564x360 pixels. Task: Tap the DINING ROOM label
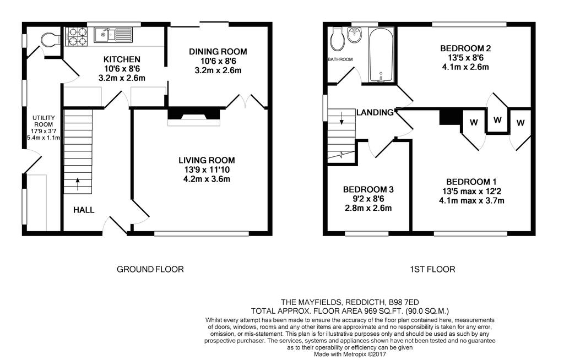click(218, 51)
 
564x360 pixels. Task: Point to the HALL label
click(84, 210)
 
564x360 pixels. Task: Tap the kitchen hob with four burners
click(76, 36)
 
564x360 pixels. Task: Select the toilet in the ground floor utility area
click(49, 39)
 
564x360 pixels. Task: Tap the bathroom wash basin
click(355, 36)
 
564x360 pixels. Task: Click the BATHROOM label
click(340, 59)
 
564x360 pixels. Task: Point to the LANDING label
click(375, 112)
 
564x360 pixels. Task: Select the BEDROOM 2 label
click(465, 48)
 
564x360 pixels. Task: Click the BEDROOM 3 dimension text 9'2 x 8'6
click(368, 198)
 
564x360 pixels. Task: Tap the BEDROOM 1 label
click(471, 182)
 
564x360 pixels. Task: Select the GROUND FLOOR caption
click(150, 269)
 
